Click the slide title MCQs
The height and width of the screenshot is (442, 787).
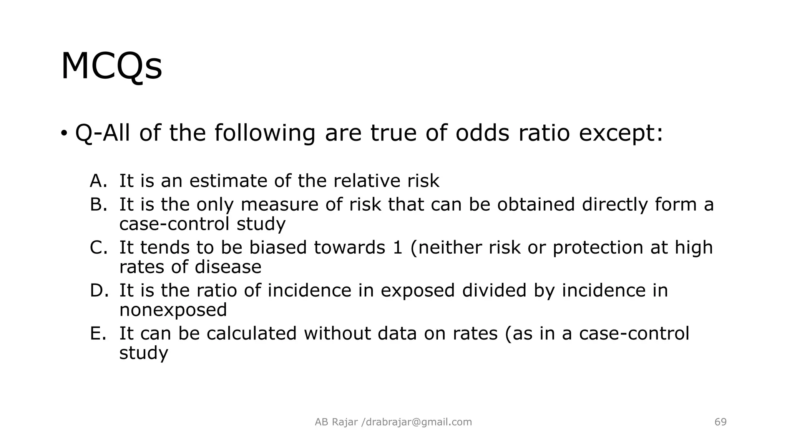[x=111, y=66]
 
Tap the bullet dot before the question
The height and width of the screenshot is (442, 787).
[x=64, y=133]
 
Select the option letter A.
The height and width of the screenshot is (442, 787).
[x=98, y=181]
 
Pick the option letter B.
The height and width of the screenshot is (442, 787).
[x=98, y=205]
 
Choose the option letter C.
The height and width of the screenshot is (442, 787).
[x=98, y=247]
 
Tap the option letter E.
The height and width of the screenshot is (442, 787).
[x=98, y=333]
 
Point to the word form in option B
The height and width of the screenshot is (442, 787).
[x=676, y=205]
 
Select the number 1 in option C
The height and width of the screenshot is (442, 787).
[x=397, y=247]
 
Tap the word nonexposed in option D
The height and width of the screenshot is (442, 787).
[x=173, y=310]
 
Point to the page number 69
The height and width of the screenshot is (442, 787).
[x=721, y=422]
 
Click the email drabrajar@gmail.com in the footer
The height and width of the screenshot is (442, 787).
[x=418, y=422]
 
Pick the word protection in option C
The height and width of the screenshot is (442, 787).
[x=598, y=247]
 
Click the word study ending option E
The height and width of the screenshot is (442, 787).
[x=144, y=353]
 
